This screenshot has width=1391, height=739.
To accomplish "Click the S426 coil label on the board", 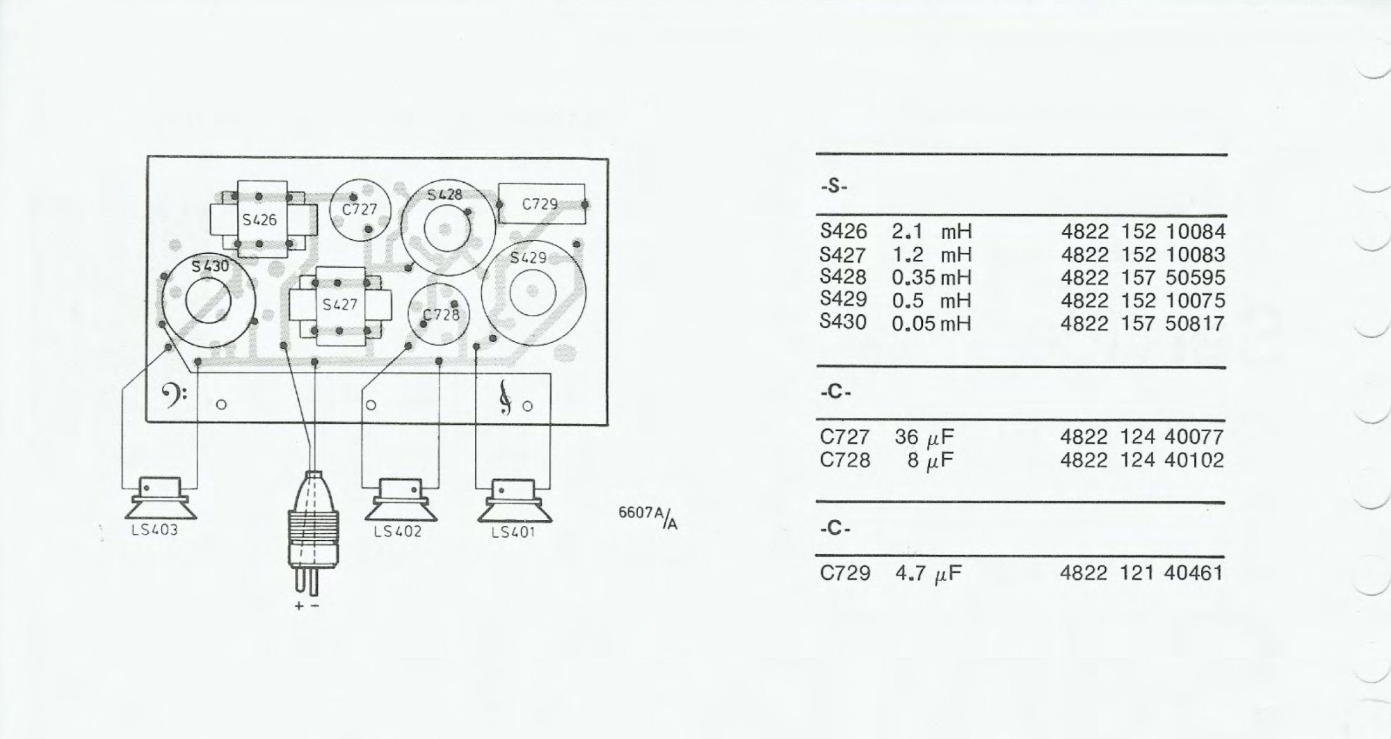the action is tap(259, 220).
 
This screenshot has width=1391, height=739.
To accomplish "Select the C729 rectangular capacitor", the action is tap(541, 204).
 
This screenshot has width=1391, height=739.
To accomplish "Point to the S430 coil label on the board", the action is tap(210, 266).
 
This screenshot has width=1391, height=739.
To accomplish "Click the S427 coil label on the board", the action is tap(340, 304).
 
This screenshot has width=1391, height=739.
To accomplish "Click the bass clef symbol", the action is tap(173, 398).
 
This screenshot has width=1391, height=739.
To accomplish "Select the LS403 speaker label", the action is tap(154, 530).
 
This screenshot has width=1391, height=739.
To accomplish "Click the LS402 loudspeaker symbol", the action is tap(401, 499).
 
